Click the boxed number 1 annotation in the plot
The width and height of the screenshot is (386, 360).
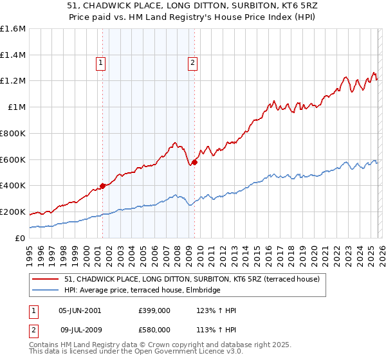tap(102, 62)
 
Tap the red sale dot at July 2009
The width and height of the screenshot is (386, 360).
tap(194, 162)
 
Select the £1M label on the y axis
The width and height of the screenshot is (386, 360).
tap(17, 107)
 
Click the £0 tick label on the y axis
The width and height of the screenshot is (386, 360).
tap(21, 238)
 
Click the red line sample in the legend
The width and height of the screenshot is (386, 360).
tap(46, 279)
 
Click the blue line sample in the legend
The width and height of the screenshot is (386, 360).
tap(46, 291)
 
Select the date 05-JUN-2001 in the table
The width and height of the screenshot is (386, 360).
tap(80, 310)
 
